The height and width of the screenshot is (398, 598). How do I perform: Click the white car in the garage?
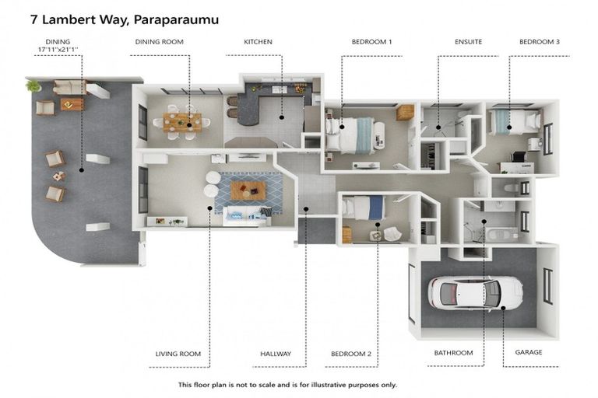(475, 293)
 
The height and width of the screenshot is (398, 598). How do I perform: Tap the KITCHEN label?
(259, 42)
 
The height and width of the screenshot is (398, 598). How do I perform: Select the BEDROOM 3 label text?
(540, 42)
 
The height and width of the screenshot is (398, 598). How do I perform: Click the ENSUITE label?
(468, 42)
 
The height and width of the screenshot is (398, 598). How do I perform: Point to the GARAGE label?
(529, 352)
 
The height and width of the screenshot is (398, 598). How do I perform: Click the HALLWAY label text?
(276, 354)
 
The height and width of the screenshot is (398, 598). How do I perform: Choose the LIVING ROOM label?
(178, 354)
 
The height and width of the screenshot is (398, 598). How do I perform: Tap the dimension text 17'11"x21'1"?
(58, 50)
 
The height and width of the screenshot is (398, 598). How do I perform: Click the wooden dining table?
(182, 122)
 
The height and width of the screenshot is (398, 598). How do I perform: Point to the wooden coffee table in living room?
(248, 190)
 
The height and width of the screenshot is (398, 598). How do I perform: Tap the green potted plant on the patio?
(33, 86)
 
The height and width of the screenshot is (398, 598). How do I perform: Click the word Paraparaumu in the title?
(177, 20)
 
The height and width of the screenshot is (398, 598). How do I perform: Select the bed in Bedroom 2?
(364, 208)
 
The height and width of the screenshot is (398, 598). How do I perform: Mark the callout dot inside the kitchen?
(281, 117)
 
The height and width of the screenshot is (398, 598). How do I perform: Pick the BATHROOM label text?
(453, 353)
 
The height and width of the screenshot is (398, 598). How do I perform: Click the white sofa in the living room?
(247, 217)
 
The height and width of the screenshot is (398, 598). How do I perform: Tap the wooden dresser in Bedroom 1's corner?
(405, 113)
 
